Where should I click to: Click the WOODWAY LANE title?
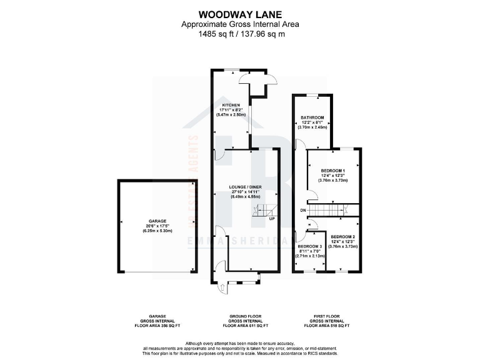[240, 13]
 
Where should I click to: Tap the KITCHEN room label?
[231, 105]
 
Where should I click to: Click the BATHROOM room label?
[312, 117]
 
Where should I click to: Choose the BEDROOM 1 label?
[333, 170]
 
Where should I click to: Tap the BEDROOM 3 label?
[309, 246]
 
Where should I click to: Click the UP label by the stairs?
[272, 219]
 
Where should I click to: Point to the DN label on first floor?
[302, 210]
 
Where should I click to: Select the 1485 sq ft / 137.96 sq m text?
[240, 34]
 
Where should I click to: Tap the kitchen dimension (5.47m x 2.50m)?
[231, 115]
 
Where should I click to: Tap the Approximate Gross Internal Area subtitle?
[240, 24]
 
